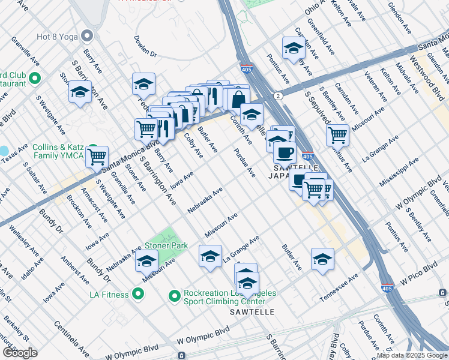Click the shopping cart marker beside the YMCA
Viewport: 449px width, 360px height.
(x=97, y=157)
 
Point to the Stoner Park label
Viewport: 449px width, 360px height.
(x=166, y=245)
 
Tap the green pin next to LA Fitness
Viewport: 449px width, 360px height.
(x=138, y=294)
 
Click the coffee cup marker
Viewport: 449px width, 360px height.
(x=284, y=152)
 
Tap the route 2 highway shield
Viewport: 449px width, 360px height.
(x=278, y=96)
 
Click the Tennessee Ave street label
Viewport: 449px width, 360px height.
(x=339, y=287)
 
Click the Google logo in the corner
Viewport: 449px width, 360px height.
(x=20, y=353)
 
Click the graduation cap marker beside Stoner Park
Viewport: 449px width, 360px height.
(x=146, y=261)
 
